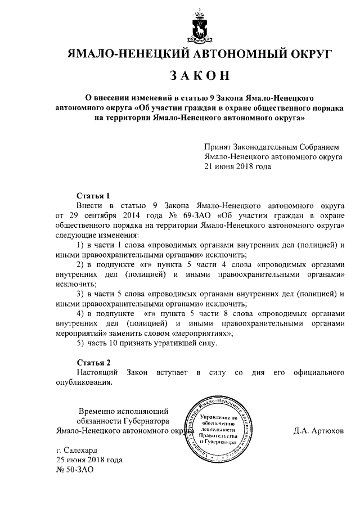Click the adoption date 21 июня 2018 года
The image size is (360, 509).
[237, 166]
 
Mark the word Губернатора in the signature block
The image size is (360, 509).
[145, 421]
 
